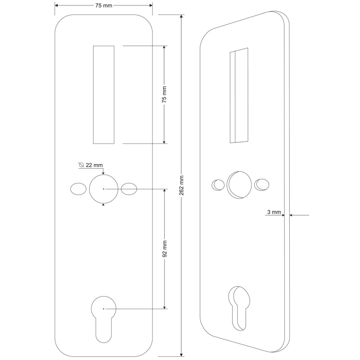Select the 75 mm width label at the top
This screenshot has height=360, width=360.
(x=103, y=5)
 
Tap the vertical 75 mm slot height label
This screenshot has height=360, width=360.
(x=164, y=94)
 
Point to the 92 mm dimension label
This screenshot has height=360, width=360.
(x=164, y=249)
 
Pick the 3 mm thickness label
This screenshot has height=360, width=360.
(x=274, y=211)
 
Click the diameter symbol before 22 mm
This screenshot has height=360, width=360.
(x=81, y=165)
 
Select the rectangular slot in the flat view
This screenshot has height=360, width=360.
(x=103, y=94)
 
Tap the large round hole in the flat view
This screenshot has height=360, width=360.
(x=103, y=189)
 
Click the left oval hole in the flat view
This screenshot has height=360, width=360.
(x=78, y=189)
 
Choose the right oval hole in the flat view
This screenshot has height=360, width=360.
(x=129, y=189)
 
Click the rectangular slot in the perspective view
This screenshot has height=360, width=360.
(x=239, y=95)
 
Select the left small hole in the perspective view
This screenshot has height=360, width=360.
(x=218, y=184)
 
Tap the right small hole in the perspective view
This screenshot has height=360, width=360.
(x=261, y=184)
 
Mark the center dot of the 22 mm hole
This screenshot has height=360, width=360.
(x=103, y=189)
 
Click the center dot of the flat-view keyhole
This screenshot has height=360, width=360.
(x=103, y=309)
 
